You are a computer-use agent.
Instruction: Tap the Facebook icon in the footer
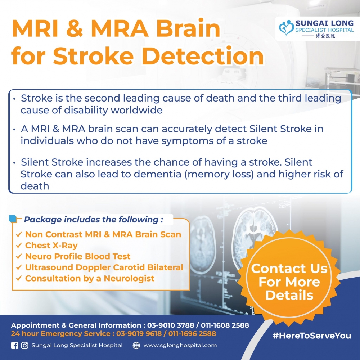pos(14,346)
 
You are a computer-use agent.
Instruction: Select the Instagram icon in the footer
pos(24,346)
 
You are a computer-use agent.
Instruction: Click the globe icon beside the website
pos(136,345)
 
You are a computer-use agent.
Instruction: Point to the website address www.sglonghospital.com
pos(180,345)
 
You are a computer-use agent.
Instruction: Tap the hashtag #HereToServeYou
pos(312,336)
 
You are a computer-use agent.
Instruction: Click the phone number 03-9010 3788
pos(170,325)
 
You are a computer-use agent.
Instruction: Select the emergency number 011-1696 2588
pos(192,333)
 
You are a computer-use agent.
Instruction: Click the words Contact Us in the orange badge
pos(289,269)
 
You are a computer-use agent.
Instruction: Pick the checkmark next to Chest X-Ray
pos(19,246)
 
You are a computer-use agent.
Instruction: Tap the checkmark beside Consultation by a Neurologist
pos(19,279)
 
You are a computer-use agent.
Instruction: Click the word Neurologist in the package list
pos(129,279)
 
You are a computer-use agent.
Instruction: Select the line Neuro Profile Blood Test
pos(78,256)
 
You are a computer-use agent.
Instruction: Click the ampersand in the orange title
pos(75,28)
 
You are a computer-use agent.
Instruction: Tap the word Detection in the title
pos(203,56)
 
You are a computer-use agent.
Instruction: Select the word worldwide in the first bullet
pos(136,110)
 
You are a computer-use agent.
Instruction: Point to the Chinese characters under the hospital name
pos(325,36)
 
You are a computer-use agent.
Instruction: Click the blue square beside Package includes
pos(13,219)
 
